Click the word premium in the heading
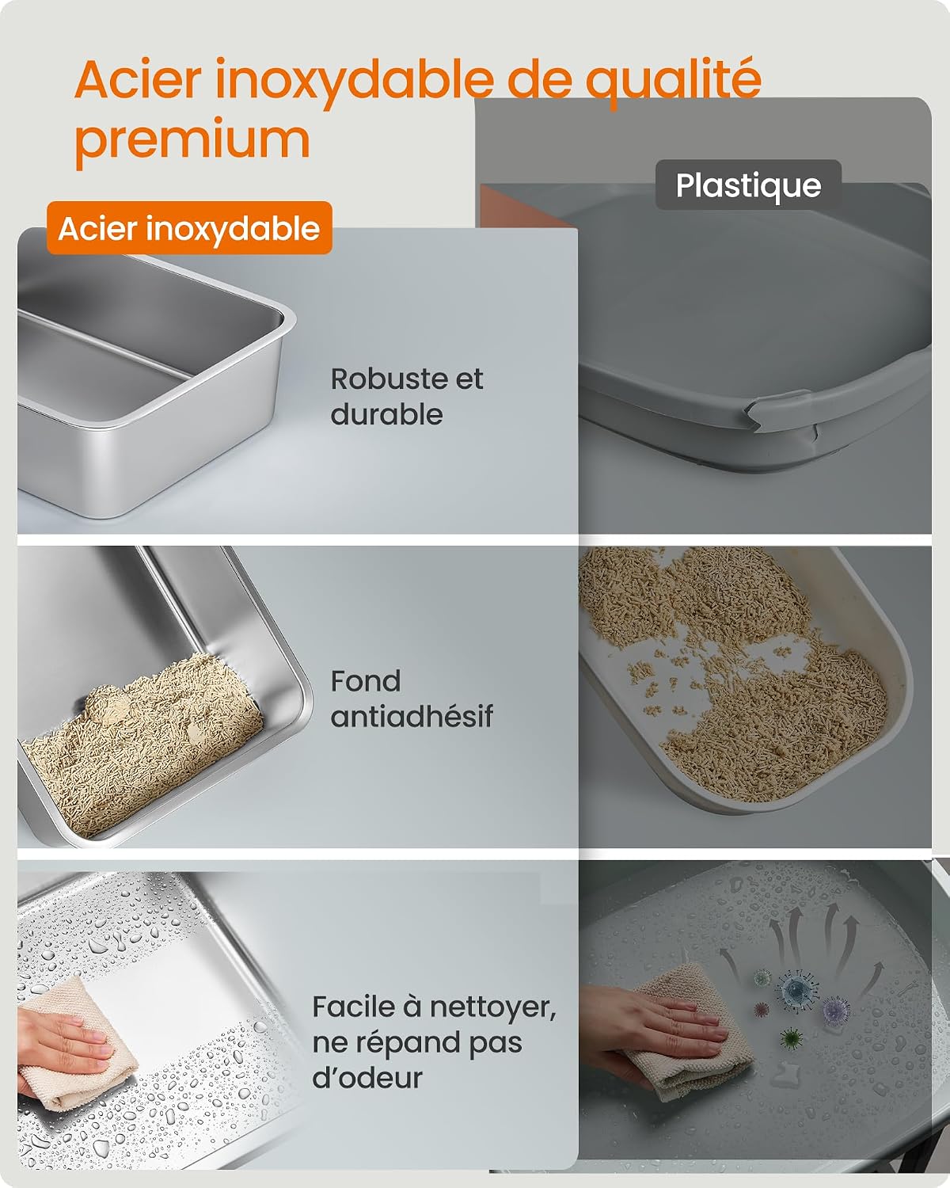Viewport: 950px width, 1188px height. click(192, 143)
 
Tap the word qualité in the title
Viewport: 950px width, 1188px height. click(674, 83)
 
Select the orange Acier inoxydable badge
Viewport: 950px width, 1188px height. click(189, 228)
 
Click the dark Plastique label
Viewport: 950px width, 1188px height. click(748, 185)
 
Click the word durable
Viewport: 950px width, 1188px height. click(387, 414)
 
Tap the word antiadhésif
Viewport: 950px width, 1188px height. click(412, 717)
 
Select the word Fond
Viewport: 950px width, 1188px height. click(366, 681)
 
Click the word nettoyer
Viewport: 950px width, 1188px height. click(492, 1007)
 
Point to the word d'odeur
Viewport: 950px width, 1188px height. click(367, 1078)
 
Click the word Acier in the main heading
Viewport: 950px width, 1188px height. click(138, 81)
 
